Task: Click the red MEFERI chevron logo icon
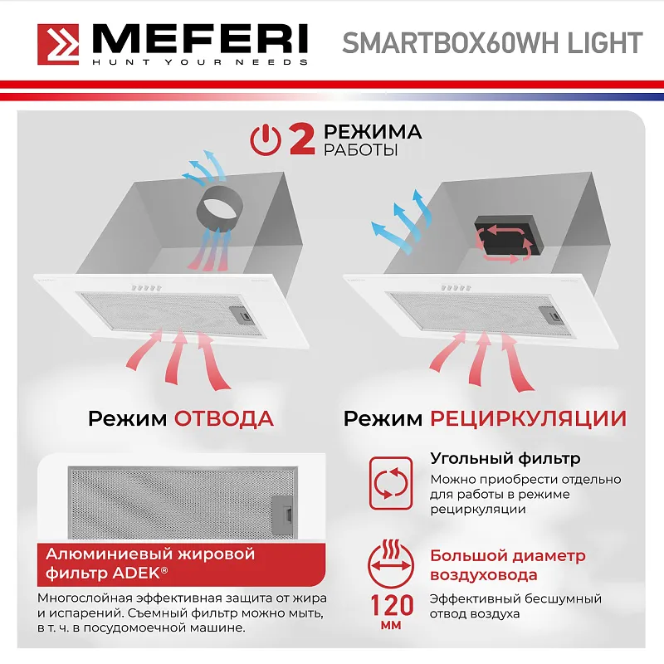click(58, 44)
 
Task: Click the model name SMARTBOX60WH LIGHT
click(492, 43)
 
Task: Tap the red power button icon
click(266, 140)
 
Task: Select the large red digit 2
click(302, 139)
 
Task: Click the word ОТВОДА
click(224, 418)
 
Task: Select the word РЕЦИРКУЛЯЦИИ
click(528, 418)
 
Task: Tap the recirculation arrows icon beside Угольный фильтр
click(390, 483)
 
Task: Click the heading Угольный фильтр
click(505, 458)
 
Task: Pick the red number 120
click(392, 605)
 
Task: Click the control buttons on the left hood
click(147, 288)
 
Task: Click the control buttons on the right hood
click(456, 288)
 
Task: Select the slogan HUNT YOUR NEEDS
click(200, 62)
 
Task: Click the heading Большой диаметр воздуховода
click(508, 565)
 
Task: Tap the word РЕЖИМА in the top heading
click(373, 132)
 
